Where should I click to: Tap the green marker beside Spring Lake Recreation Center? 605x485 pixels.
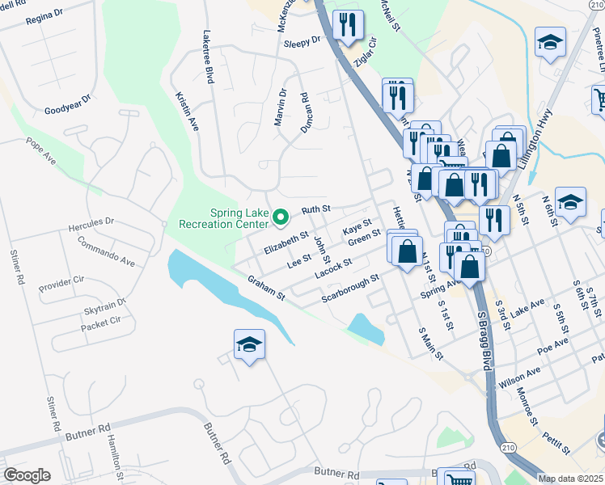(x=281, y=217)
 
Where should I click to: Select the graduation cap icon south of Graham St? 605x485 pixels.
(x=250, y=346)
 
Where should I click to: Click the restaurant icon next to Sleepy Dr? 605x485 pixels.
(x=348, y=26)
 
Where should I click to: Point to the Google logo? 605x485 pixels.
(x=27, y=475)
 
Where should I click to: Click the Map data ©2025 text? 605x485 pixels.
(x=571, y=479)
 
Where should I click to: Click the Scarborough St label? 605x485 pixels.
(x=350, y=289)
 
